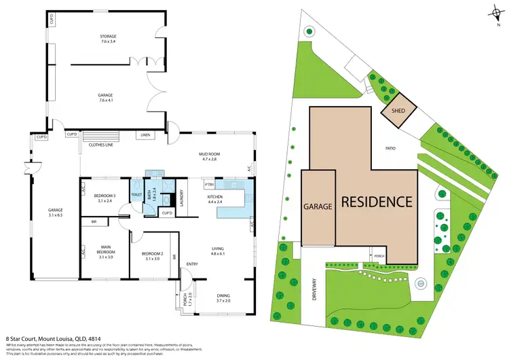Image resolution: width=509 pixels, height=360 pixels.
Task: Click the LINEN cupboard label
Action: point(146,134)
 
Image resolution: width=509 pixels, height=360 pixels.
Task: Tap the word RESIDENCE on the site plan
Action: point(376,202)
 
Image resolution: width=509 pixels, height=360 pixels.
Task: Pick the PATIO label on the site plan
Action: point(390,147)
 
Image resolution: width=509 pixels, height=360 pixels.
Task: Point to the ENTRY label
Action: point(192,264)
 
